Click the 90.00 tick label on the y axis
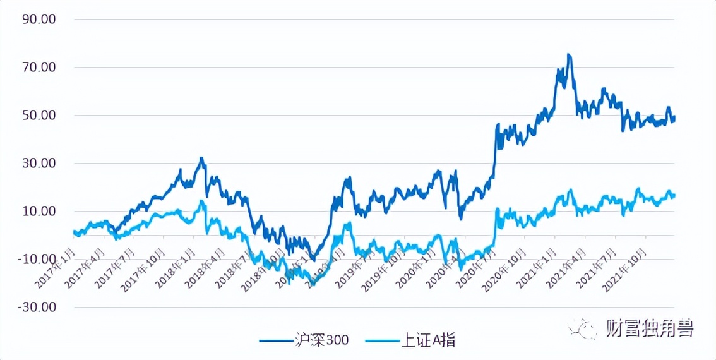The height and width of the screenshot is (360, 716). pyautogui.click(x=39, y=19)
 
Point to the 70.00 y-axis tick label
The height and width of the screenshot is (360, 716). pyautogui.click(x=39, y=67)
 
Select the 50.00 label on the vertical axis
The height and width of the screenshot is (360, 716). pyautogui.click(x=39, y=115)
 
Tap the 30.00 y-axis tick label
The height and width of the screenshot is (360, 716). pyautogui.click(x=39, y=163)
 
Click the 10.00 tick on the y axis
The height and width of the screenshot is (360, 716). pyautogui.click(x=39, y=211)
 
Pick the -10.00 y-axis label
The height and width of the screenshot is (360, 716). pyautogui.click(x=37, y=259)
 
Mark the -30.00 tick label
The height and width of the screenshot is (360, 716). pyautogui.click(x=37, y=308)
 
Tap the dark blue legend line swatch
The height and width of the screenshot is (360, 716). pyautogui.click(x=275, y=340)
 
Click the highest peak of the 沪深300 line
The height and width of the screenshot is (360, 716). pyautogui.click(x=569, y=55)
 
